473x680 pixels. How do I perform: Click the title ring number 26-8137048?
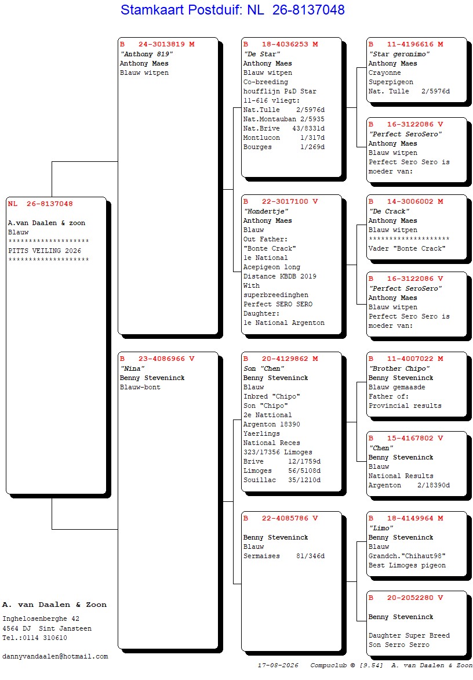tap(308, 9)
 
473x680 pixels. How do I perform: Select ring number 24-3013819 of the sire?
tap(161, 44)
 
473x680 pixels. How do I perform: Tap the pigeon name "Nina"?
tap(133, 368)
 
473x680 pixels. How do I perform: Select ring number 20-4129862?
tap(285, 359)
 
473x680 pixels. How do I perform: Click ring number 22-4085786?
tap(285, 518)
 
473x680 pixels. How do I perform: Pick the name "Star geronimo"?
tap(399, 54)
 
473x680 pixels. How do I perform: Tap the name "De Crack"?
tap(389, 212)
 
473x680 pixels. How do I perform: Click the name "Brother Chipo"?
tap(399, 368)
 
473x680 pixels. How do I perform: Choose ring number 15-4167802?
tap(410, 439)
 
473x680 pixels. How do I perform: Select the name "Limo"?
tap(381, 528)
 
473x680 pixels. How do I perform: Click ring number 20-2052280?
tap(410, 598)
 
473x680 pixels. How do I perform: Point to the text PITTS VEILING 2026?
tap(45, 251)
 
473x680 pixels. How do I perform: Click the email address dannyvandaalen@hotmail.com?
tap(55, 657)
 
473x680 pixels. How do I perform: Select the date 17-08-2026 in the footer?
tap(278, 665)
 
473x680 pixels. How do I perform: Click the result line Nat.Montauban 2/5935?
tap(283, 120)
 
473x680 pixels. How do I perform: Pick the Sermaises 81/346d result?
tap(283, 556)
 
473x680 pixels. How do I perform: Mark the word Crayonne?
tap(385, 73)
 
